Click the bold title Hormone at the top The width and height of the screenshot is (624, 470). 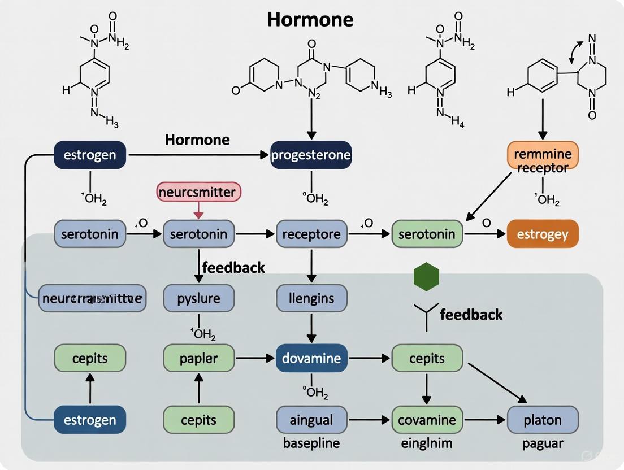point(310,19)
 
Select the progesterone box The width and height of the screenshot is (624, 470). point(311,155)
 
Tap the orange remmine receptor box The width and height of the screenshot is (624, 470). point(543,160)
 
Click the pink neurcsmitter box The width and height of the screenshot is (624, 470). point(198,192)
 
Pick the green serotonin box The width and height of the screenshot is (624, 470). point(427,234)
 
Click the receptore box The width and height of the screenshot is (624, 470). point(311,234)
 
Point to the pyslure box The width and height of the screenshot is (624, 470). point(198,298)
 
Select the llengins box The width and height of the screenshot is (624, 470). point(311,298)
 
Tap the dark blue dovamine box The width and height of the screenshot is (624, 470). point(311,358)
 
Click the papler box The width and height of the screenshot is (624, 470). point(198,358)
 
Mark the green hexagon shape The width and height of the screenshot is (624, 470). point(427,277)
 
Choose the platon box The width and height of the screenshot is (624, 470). point(543,420)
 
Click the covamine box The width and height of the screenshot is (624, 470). point(427,420)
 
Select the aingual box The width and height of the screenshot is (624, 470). point(311,420)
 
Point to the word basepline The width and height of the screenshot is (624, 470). point(311,443)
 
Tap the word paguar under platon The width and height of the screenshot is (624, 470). point(543,443)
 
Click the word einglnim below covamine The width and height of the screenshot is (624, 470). point(427,443)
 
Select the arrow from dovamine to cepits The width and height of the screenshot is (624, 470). point(370,358)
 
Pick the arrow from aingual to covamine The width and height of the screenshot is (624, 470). point(370,420)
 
